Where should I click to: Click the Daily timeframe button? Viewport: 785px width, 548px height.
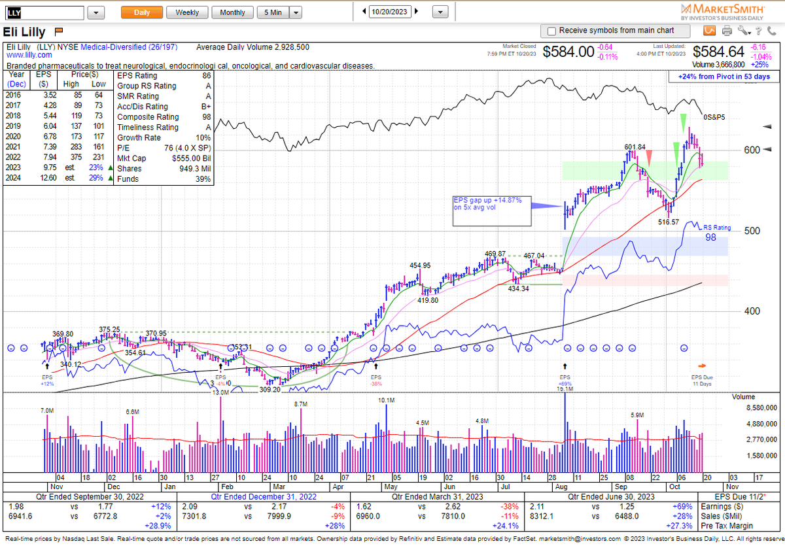pyautogui.click(x=141, y=12)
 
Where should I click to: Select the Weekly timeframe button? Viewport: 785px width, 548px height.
pyautogui.click(x=187, y=12)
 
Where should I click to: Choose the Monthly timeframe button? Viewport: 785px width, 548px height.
pyautogui.click(x=232, y=12)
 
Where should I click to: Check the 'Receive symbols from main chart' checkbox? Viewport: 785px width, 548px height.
pyautogui.click(x=551, y=31)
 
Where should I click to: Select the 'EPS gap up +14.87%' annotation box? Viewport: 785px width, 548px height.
pyautogui.click(x=487, y=204)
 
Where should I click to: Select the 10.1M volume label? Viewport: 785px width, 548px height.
pyautogui.click(x=387, y=400)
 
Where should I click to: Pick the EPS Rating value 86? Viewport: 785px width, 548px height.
pyautogui.click(x=206, y=75)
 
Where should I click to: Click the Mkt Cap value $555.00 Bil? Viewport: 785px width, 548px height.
pyautogui.click(x=192, y=159)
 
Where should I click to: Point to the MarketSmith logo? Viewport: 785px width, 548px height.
pyautogui.click(x=723, y=12)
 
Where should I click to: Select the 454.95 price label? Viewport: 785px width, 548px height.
pyautogui.click(x=420, y=265)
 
